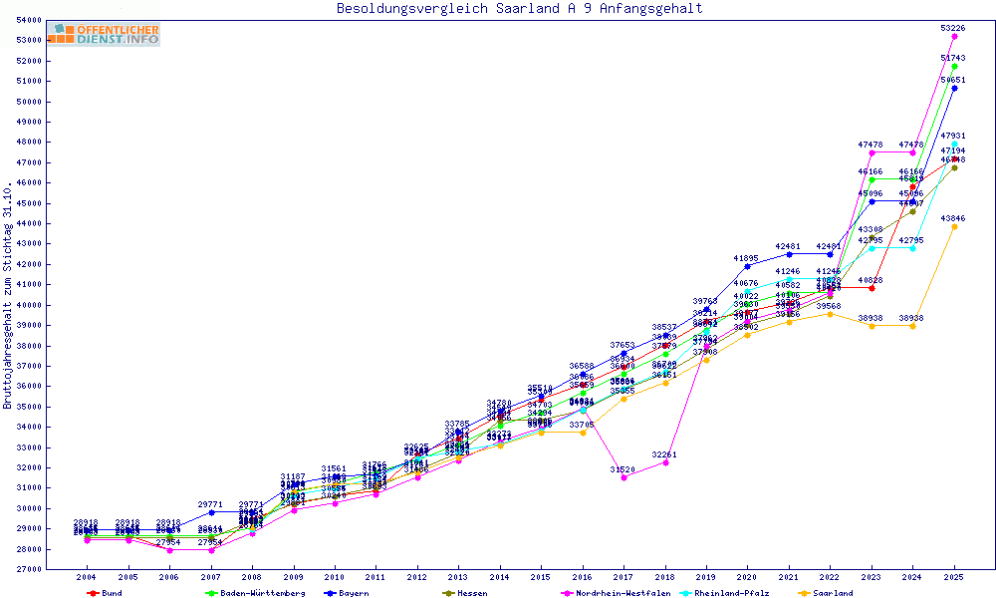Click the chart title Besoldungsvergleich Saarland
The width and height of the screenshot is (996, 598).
click(519, 9)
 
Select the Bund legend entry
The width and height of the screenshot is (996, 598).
click(107, 593)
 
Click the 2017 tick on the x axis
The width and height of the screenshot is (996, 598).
click(623, 577)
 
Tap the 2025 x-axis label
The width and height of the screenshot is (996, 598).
click(954, 577)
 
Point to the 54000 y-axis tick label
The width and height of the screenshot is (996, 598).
click(30, 20)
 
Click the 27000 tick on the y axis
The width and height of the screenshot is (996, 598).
click(30, 569)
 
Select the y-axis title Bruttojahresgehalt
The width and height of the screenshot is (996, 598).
click(8, 294)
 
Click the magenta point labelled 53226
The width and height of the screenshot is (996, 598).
click(954, 36)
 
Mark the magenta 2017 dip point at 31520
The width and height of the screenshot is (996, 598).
click(623, 477)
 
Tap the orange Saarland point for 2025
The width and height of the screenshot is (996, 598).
click(954, 226)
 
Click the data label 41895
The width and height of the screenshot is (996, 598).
click(747, 258)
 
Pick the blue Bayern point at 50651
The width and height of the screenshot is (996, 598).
click(954, 88)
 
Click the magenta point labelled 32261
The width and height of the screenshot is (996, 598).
click(664, 462)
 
